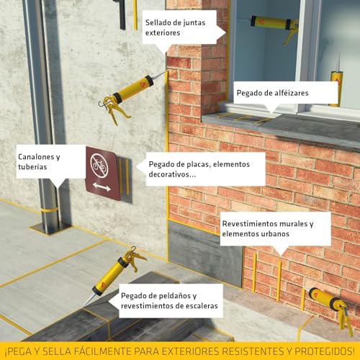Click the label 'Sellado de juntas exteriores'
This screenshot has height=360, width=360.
pyautogui.click(x=175, y=27)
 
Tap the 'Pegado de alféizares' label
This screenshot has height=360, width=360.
pyautogui.click(x=272, y=93)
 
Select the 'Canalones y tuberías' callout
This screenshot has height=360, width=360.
pyautogui.click(x=39, y=162)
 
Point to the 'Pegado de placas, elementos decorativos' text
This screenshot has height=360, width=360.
pyautogui.click(x=199, y=169)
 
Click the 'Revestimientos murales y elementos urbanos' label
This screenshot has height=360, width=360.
pyautogui.click(x=268, y=229)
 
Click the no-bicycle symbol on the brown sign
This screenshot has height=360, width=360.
pyautogui.click(x=99, y=164)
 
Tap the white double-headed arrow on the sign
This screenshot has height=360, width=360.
pyautogui.click(x=102, y=187)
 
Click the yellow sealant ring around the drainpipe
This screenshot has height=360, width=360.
pyautogui.click(x=49, y=210)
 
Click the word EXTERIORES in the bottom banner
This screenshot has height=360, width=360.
pyautogui.click(x=190, y=351)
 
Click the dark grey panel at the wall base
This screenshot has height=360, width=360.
pyautogui.click(x=205, y=253)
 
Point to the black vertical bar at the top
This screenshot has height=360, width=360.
pyautogui.click(x=122, y=14)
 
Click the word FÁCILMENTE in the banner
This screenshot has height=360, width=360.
pyautogui.click(x=102, y=351)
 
